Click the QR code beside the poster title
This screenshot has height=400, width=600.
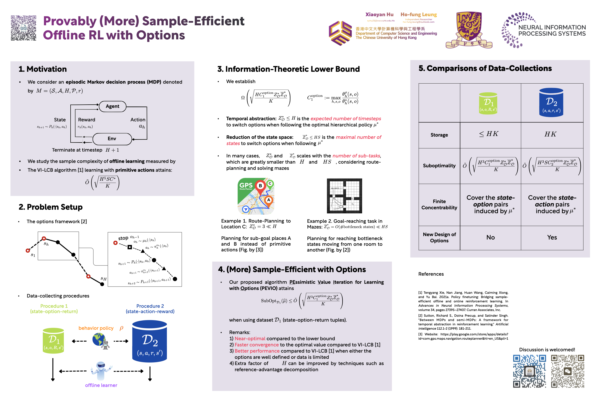[x=23, y=28]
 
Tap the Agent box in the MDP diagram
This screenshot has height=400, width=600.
[x=112, y=106]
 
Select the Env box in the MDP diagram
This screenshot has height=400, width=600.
[x=112, y=139]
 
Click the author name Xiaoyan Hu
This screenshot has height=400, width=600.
[x=379, y=15]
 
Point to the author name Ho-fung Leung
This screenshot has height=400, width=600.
[x=419, y=15]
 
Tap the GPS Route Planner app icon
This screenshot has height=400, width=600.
[x=256, y=196]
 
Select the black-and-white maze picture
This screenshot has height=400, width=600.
[x=344, y=196]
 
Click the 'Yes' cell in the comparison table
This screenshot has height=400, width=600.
[x=552, y=237]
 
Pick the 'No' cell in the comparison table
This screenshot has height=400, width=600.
[x=490, y=237]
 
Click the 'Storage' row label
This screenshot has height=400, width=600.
[x=439, y=135]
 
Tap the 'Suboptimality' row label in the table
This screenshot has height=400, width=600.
[x=439, y=166]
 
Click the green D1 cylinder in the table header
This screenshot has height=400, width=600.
[x=488, y=103]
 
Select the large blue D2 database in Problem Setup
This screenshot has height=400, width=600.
[x=150, y=341]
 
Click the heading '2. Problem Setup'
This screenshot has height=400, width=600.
[x=50, y=207]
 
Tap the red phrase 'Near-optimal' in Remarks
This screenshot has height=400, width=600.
[x=250, y=338]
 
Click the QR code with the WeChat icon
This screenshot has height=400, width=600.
[x=568, y=371]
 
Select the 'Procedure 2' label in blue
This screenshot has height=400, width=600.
[x=150, y=306]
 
